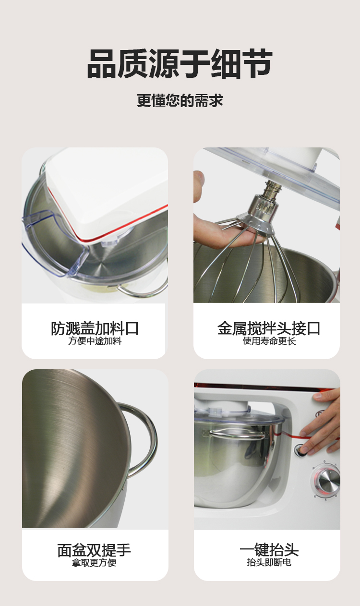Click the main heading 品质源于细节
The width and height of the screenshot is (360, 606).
click(180, 64)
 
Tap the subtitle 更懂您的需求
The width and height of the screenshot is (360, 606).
click(180, 100)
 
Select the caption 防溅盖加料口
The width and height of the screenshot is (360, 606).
click(95, 328)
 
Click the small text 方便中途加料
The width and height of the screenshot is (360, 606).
click(95, 341)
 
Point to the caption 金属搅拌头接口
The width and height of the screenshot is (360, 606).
click(269, 328)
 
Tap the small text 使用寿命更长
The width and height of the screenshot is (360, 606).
click(269, 341)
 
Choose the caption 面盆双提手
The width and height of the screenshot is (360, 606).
click(94, 550)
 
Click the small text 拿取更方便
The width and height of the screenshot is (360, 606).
click(94, 562)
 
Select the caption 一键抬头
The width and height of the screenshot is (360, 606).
click(269, 550)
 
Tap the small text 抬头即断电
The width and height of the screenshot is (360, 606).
click(269, 562)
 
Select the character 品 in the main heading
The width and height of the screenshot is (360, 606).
click(101, 64)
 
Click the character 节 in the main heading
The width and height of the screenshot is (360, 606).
click(257, 64)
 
